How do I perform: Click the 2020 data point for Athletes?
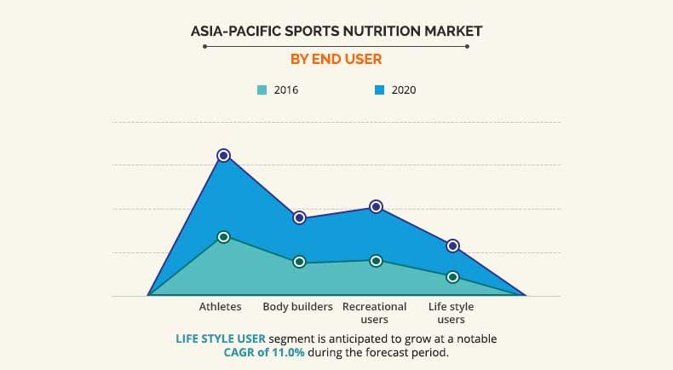coord(223,155)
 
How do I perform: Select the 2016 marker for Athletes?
coord(223,236)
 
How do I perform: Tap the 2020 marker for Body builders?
coord(299,217)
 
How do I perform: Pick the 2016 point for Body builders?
coord(299,262)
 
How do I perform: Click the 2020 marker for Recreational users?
coord(376,206)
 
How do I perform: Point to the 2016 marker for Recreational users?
coord(376,260)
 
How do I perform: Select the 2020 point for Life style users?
coord(452,246)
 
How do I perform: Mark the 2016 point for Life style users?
coord(452,276)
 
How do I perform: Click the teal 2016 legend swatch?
coord(262,90)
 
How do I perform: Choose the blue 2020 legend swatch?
coord(380,90)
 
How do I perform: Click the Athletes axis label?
coord(221,306)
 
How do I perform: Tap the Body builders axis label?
coord(297,306)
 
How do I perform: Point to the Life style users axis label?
coord(451,312)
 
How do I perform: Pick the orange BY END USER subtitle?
coord(336,60)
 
